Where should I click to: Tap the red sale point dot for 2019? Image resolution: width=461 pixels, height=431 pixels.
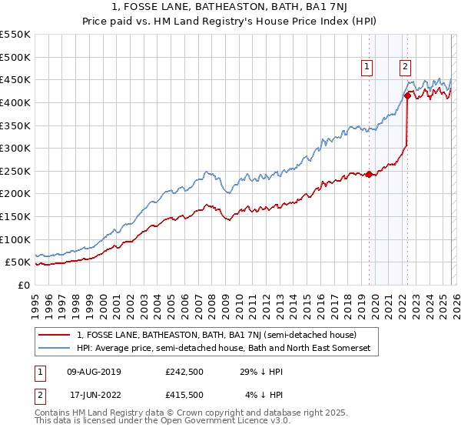click(369, 174)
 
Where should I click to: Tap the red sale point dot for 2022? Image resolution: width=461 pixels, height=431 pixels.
click(407, 95)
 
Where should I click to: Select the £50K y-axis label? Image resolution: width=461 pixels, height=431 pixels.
click(18, 262)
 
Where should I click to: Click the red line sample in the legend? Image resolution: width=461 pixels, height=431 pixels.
click(55, 335)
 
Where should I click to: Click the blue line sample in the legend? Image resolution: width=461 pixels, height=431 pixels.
click(55, 349)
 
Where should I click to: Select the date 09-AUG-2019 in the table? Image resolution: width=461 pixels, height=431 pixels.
click(94, 372)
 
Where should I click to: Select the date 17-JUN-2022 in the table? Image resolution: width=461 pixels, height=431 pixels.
click(94, 395)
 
